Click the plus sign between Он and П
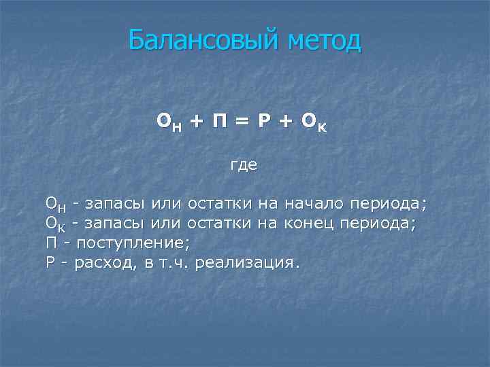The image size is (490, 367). click(x=195, y=122)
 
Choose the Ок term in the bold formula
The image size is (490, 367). click(x=315, y=122)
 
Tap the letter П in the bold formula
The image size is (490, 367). click(x=219, y=121)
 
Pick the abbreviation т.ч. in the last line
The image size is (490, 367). click(x=176, y=263)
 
